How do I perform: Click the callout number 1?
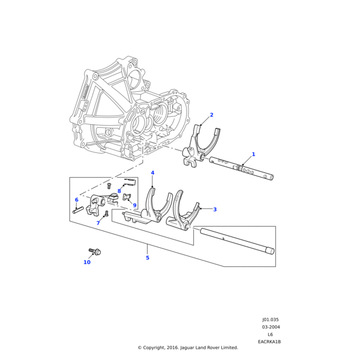click(253, 154)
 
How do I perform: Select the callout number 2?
click(211, 115)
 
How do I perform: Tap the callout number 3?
click(215, 209)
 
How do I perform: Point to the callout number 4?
click(152, 173)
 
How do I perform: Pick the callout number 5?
click(147, 258)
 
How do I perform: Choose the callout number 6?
click(76, 200)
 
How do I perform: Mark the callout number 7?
click(98, 223)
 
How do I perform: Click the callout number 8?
click(119, 191)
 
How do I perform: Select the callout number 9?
click(134, 205)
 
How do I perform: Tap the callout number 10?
click(87, 262)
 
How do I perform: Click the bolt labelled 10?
click(95, 251)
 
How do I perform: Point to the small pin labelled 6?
click(78, 210)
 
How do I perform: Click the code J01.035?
click(270, 320)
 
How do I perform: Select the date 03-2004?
click(270, 327)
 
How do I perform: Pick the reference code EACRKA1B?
click(269, 342)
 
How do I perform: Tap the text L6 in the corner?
click(270, 335)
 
